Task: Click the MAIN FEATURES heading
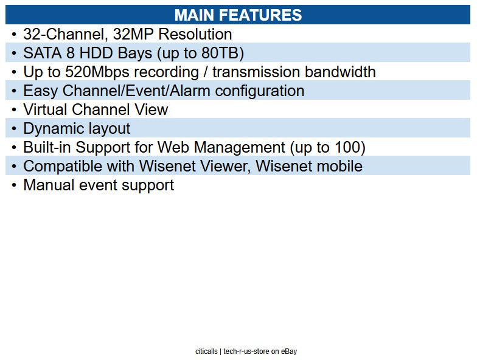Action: tap(238, 15)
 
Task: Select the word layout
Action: tap(111, 128)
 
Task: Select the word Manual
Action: tap(49, 185)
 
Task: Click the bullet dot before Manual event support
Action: tap(14, 185)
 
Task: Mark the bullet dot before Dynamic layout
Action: tap(14, 128)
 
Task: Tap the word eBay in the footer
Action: tap(289, 351)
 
